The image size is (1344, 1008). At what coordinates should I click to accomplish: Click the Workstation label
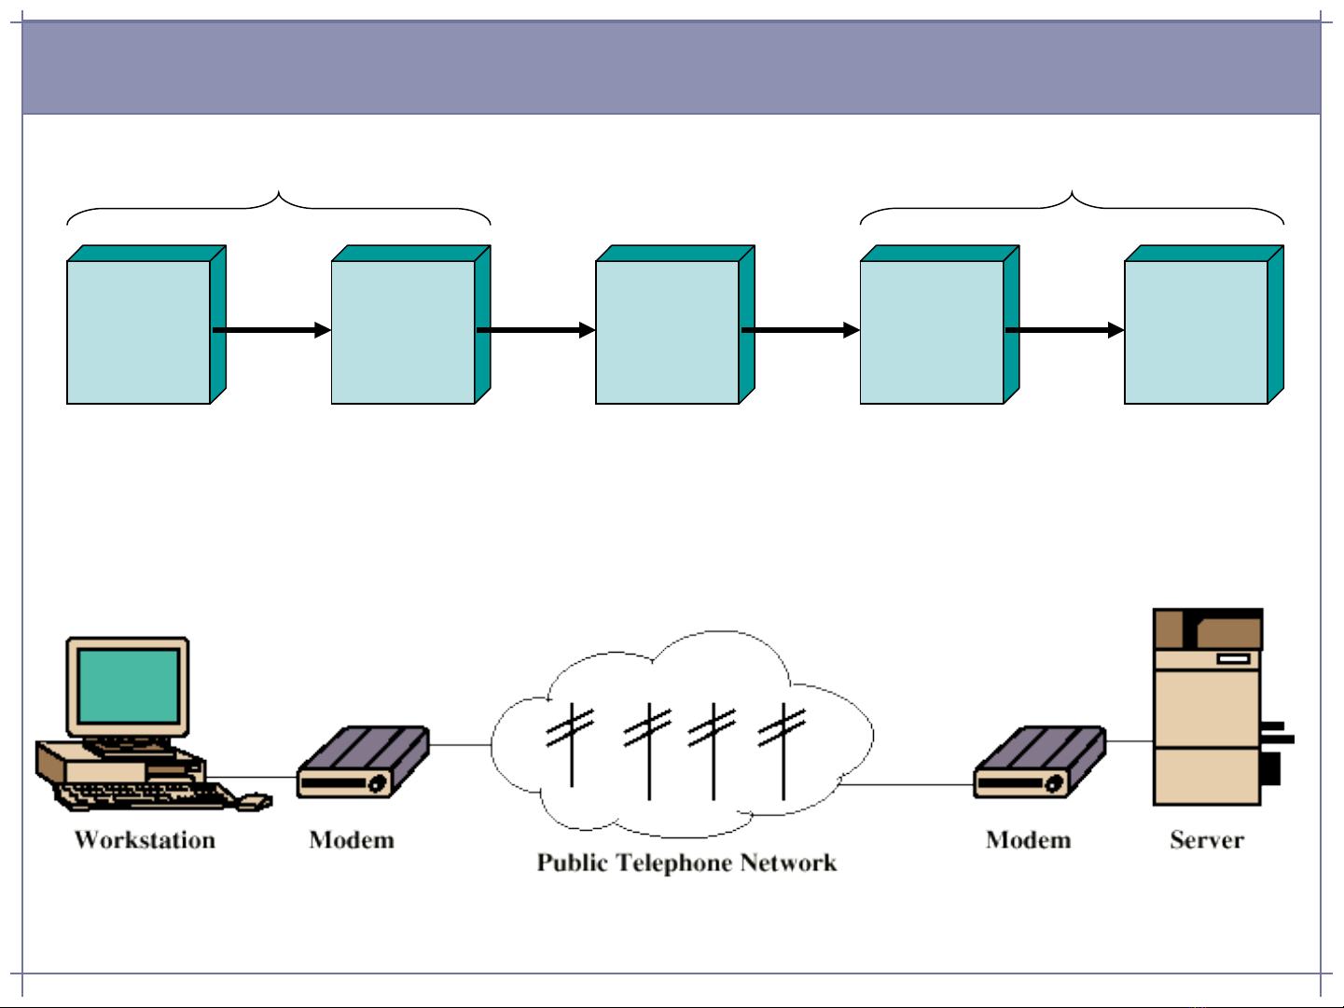pyautogui.click(x=145, y=840)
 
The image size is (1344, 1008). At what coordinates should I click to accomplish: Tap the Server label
pyautogui.click(x=1206, y=840)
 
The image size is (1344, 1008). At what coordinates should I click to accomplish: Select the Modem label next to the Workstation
pyautogui.click(x=352, y=840)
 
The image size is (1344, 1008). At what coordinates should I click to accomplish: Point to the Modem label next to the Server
pyautogui.click(x=1028, y=840)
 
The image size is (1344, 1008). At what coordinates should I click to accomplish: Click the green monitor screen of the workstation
pyautogui.click(x=128, y=686)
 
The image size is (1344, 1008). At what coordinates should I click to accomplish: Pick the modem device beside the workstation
pyautogui.click(x=363, y=764)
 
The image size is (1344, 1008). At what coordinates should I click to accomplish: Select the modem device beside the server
pyautogui.click(x=1039, y=764)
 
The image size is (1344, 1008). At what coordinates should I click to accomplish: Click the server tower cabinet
pyautogui.click(x=1207, y=709)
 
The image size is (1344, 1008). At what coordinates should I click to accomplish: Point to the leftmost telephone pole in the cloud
pyautogui.click(x=571, y=746)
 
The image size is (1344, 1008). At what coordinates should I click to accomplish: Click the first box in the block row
pyautogui.click(x=139, y=331)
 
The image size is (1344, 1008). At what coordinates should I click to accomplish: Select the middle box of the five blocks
pyautogui.click(x=667, y=331)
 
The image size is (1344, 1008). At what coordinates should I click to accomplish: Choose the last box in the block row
pyautogui.click(x=1196, y=331)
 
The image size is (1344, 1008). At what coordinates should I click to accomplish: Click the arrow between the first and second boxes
pyautogui.click(x=270, y=330)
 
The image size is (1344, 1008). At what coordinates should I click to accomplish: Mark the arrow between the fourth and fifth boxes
pyautogui.click(x=1063, y=330)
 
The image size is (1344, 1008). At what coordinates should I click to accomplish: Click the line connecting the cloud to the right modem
pyautogui.click(x=905, y=785)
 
